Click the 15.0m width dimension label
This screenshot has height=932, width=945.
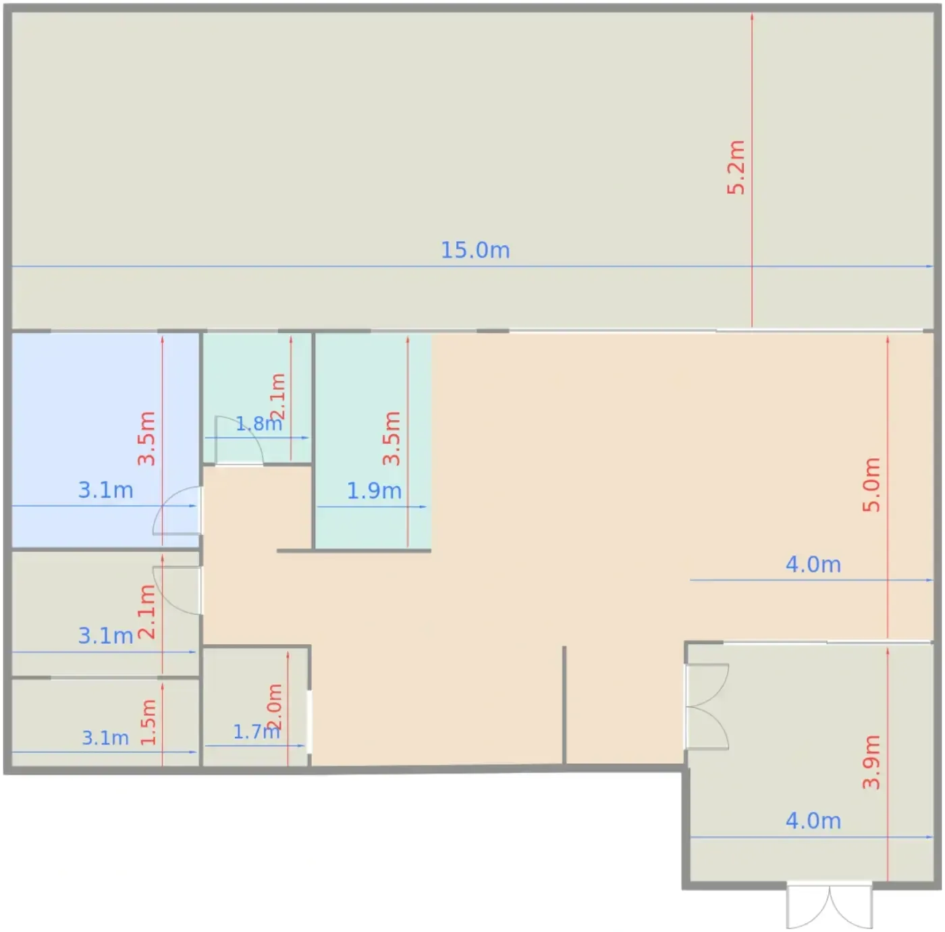(475, 250)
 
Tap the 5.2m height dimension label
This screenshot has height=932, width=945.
(736, 167)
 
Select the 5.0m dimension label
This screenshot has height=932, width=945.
(871, 485)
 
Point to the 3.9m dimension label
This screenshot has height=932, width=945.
(871, 762)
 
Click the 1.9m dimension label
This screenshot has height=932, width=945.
(374, 491)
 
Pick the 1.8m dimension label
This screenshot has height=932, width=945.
(259, 423)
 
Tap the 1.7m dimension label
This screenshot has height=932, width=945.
(256, 732)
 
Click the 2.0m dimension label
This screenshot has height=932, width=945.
(274, 706)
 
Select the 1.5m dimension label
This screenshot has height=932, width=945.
(148, 723)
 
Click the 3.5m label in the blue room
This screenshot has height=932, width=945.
(146, 438)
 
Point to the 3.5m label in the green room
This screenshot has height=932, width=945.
(391, 438)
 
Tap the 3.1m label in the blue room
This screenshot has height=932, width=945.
(105, 490)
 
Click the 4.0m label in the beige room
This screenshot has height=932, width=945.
(813, 565)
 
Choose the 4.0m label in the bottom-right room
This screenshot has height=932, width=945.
(813, 821)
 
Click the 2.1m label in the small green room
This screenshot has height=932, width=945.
(277, 396)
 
